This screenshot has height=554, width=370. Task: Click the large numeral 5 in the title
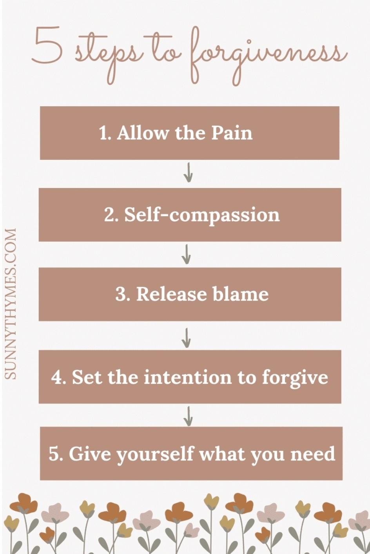(x=47, y=47)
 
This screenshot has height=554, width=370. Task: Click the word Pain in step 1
(x=232, y=133)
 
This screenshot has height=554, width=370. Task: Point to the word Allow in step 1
(x=142, y=133)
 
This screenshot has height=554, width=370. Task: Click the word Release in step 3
(x=171, y=294)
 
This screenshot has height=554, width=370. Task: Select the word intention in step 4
(x=188, y=377)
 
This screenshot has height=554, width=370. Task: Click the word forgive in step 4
(x=295, y=377)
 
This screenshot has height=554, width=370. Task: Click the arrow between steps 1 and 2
(x=188, y=173)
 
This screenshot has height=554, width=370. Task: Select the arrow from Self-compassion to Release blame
(x=187, y=254)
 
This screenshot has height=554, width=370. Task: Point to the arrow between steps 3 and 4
(x=187, y=337)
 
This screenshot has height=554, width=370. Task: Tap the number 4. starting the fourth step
(x=59, y=377)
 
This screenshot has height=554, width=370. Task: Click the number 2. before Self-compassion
(x=111, y=215)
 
